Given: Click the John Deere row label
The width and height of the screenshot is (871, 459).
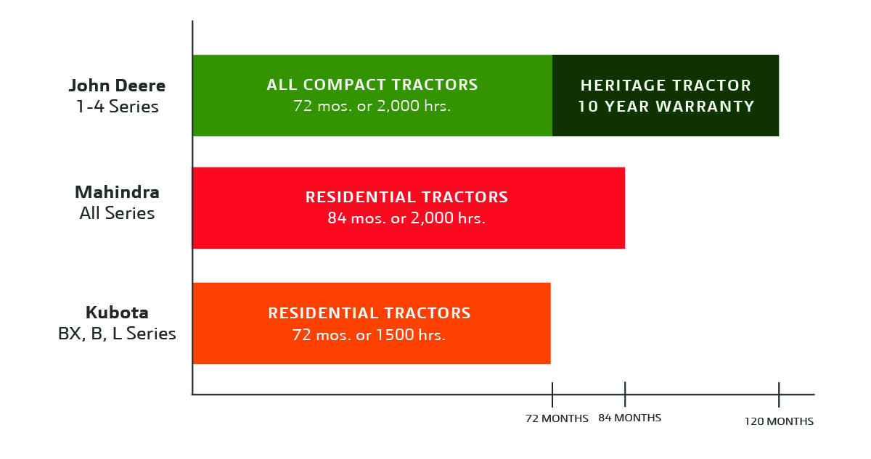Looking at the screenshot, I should [x=117, y=86].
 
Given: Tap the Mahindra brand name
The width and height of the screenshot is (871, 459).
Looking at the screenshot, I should [x=117, y=193].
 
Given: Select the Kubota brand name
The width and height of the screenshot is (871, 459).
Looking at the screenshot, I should [x=117, y=313].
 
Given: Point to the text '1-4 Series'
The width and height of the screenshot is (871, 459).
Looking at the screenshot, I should [x=117, y=107].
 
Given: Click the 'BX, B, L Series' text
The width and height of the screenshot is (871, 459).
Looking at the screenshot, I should [x=117, y=334].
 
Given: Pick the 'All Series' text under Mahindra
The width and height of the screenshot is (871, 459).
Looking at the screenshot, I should [x=117, y=214].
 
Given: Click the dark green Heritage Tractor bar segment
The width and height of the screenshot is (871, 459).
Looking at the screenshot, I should [x=666, y=123].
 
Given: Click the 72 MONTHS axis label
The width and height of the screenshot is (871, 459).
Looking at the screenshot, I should [x=557, y=419].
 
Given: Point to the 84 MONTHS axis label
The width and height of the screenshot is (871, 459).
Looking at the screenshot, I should [x=629, y=418].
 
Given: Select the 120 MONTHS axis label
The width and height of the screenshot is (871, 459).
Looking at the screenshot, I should [x=779, y=421].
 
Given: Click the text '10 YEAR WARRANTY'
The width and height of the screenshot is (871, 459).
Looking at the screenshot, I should [x=666, y=107].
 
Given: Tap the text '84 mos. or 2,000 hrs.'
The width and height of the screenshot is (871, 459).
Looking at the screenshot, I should [x=406, y=218].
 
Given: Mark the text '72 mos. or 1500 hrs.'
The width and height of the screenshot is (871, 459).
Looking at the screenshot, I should [x=369, y=335].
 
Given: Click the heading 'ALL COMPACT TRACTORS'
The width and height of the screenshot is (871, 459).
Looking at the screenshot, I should [x=372, y=86].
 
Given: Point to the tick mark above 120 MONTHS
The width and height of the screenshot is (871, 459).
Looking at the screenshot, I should [x=779, y=394].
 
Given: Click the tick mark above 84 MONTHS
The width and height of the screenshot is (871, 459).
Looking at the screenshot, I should [x=625, y=394].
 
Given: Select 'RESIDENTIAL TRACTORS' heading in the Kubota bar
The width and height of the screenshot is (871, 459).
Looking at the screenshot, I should [x=369, y=313].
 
